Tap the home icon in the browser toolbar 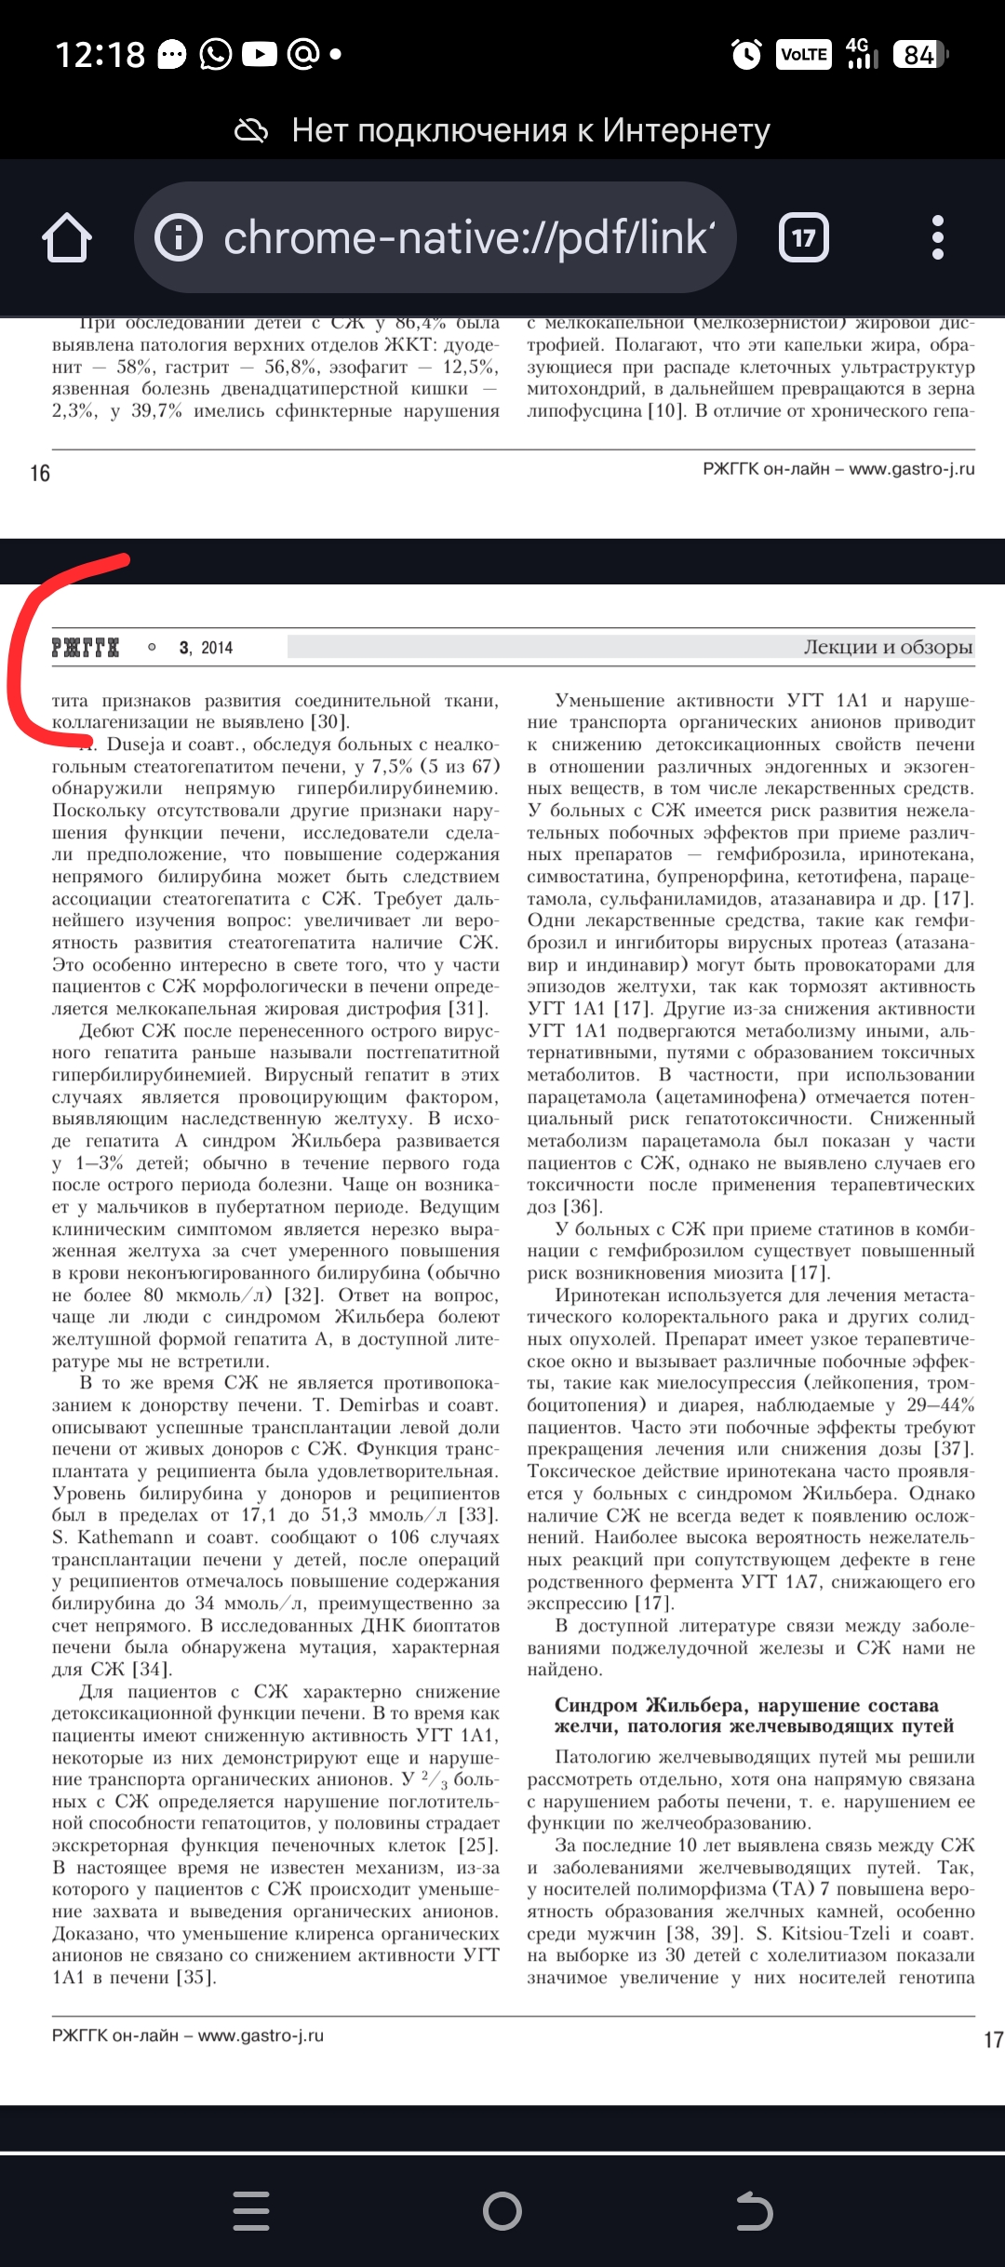click(x=67, y=237)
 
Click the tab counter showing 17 click(x=803, y=238)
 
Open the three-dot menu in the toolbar click(x=937, y=237)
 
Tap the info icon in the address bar click(x=178, y=237)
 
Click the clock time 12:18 click(x=100, y=55)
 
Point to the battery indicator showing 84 click(x=919, y=55)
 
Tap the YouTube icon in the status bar click(x=260, y=55)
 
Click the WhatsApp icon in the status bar click(x=216, y=55)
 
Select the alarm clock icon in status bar click(x=746, y=55)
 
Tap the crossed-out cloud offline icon click(x=251, y=131)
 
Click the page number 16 click(x=40, y=474)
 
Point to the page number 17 click(x=993, y=2041)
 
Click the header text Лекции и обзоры click(x=888, y=647)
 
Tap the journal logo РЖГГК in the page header click(x=86, y=648)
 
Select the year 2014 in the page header click(x=217, y=648)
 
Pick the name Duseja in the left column click(x=136, y=744)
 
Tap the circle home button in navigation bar click(x=502, y=2211)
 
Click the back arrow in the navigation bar click(x=754, y=2211)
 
